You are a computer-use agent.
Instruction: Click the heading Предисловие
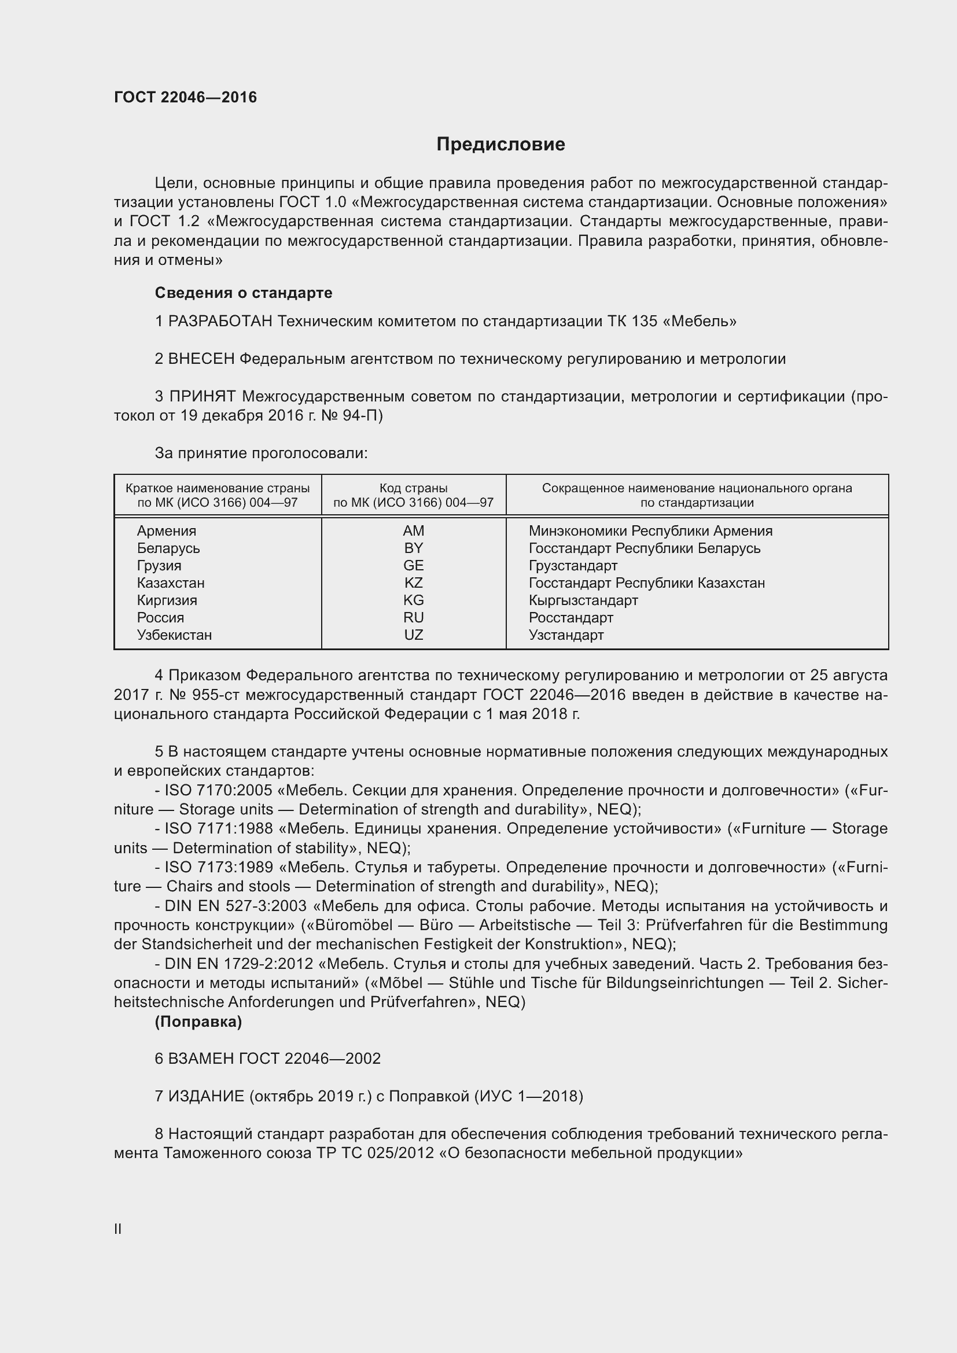(500, 145)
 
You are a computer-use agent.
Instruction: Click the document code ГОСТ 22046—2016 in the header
(185, 97)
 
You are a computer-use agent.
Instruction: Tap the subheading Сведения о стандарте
(244, 293)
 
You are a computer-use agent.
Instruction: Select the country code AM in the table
(413, 531)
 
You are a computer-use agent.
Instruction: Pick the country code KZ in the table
(413, 583)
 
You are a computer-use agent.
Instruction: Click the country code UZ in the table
(413, 635)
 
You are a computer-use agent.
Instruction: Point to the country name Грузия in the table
(159, 566)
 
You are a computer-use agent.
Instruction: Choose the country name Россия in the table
(160, 618)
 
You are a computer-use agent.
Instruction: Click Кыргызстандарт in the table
(583, 600)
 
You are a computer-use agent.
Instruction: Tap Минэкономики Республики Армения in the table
(650, 531)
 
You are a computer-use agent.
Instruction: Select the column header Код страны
(413, 489)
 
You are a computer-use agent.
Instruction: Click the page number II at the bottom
(118, 1229)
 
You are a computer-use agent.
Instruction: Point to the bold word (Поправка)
(198, 1022)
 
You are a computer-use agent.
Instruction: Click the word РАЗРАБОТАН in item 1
(220, 322)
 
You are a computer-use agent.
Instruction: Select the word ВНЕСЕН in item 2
(201, 359)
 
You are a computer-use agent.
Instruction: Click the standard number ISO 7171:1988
(219, 829)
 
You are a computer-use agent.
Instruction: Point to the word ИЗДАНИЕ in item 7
(206, 1097)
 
